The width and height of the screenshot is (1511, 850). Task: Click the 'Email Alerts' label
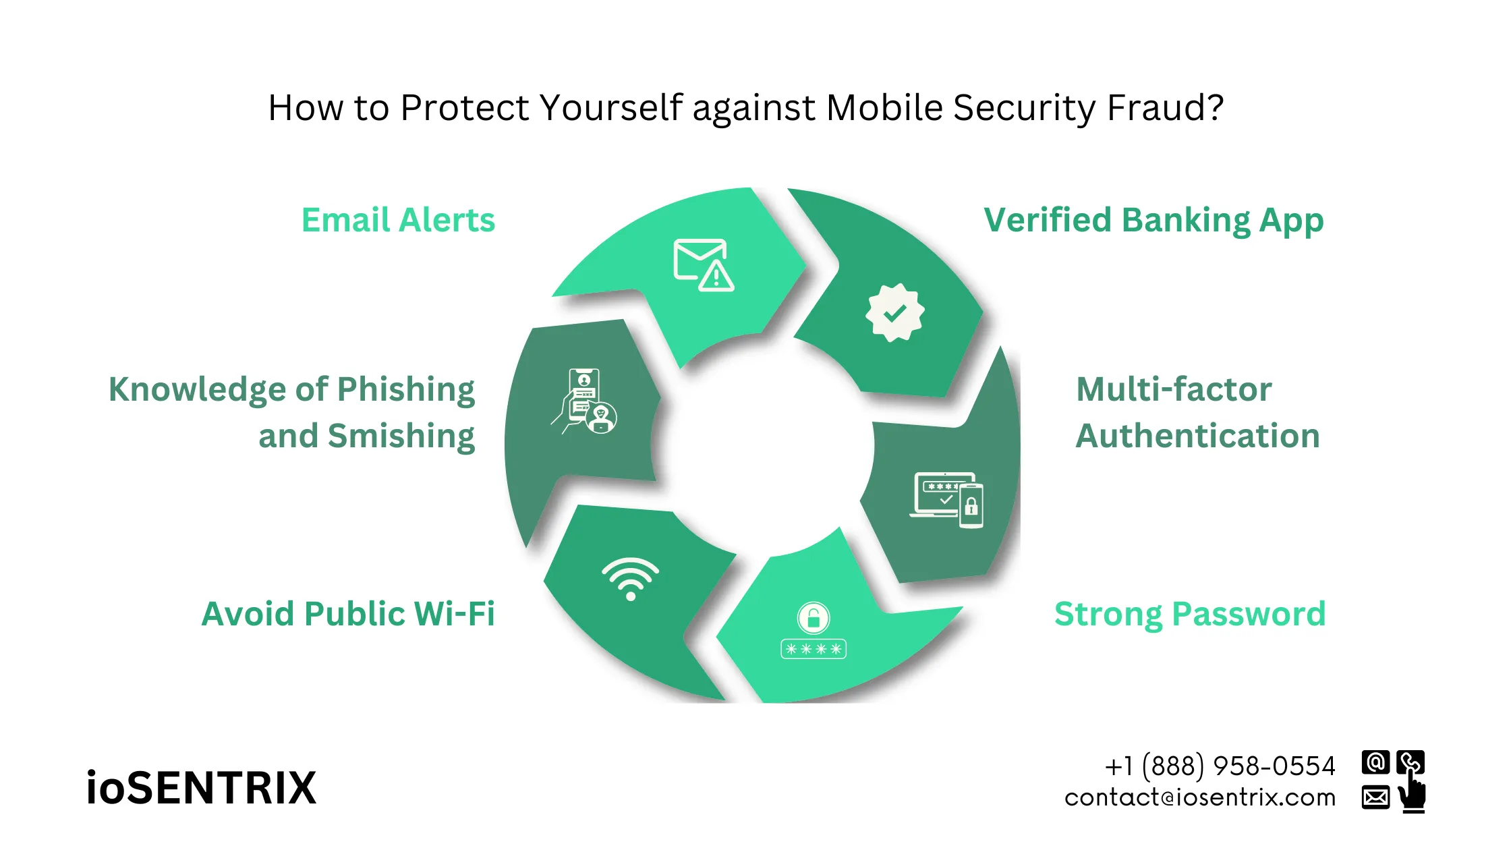(x=398, y=221)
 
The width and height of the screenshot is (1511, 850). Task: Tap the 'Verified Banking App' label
(x=1153, y=221)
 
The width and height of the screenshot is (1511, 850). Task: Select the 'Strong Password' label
(x=1190, y=614)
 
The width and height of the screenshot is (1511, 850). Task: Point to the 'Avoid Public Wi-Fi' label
(x=348, y=614)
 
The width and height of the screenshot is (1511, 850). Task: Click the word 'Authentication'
(x=1197, y=436)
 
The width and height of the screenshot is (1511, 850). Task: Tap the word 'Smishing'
(x=401, y=436)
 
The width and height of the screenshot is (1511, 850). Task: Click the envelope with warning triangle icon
(x=704, y=265)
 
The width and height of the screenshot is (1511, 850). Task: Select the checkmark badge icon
(x=894, y=313)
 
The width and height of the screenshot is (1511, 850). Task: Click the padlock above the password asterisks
(x=814, y=617)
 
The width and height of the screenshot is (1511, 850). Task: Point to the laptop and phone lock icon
(x=946, y=499)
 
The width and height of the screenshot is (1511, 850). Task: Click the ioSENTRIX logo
(x=201, y=788)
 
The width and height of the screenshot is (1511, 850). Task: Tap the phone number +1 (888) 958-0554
(x=1220, y=766)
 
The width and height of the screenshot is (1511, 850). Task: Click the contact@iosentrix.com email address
(x=1200, y=797)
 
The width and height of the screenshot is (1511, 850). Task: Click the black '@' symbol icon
(x=1375, y=762)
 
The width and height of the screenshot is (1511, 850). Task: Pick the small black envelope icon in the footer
(x=1375, y=797)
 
